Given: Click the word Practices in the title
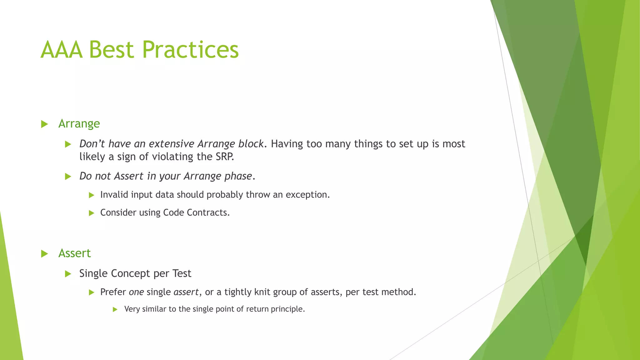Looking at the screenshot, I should pos(190,50).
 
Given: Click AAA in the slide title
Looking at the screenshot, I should pos(62,50).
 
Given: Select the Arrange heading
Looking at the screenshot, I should pos(79,124).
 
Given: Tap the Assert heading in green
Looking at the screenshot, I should pos(74,253).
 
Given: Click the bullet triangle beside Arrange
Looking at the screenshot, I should pos(44,124).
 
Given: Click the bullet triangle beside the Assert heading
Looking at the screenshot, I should pos(44,253).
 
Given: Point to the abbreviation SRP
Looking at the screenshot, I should pos(224,157).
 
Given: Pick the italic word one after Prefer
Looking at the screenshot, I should pos(136,292).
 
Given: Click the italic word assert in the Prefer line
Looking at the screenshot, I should pos(186,292).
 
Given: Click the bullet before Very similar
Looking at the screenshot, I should pos(115,309).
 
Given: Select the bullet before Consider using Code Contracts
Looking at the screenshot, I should pos(91,213).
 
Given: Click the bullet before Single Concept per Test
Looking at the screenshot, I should pos(68,274).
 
